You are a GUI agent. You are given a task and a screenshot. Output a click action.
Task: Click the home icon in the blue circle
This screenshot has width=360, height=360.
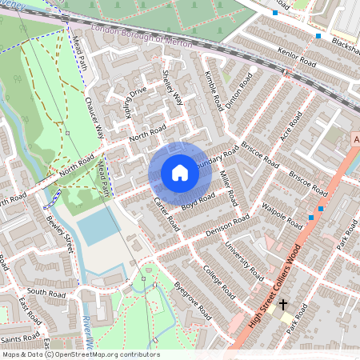tap(179, 172)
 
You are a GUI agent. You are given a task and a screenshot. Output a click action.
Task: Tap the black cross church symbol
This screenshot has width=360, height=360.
tap(282, 305)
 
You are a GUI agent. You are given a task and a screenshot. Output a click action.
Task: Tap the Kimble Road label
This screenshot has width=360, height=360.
tap(213, 90)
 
